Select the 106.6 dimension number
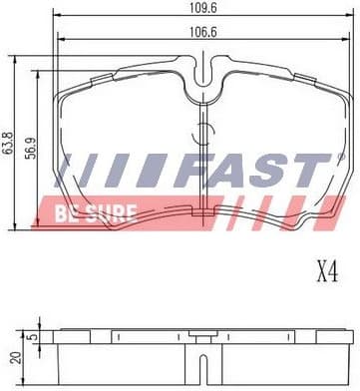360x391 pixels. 204,32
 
